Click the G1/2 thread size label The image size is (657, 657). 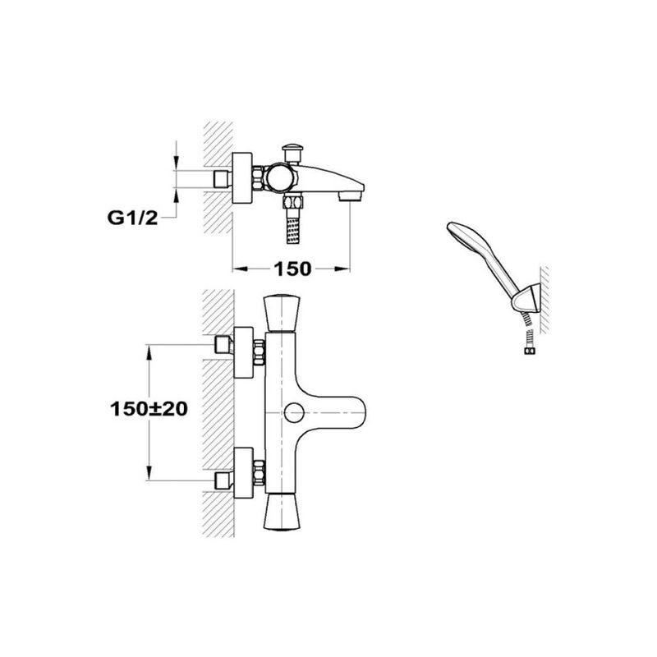[x=133, y=218]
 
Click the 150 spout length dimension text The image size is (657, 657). [x=292, y=269]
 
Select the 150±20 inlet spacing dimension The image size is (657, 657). [x=149, y=409]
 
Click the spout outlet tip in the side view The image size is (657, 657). [x=351, y=195]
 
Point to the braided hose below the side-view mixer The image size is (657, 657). [x=293, y=228]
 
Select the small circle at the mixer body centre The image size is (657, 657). [x=294, y=413]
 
